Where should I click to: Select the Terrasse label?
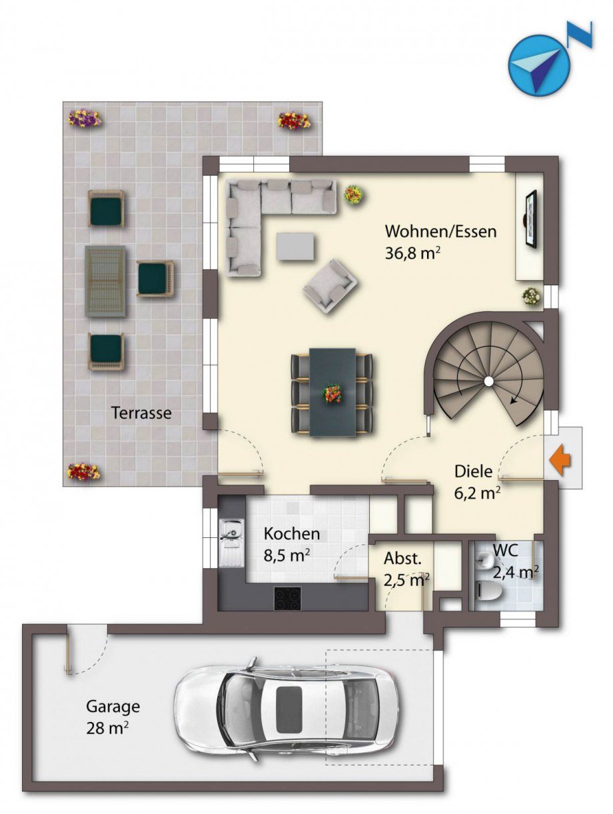pyautogui.click(x=141, y=413)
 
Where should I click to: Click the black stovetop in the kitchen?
pyautogui.click(x=287, y=598)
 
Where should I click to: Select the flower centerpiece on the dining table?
pyautogui.click(x=332, y=393)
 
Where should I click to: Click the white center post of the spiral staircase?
pyautogui.click(x=488, y=381)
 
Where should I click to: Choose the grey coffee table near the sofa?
pyautogui.click(x=295, y=246)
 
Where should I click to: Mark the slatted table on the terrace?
pyautogui.click(x=105, y=281)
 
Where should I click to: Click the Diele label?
pyautogui.click(x=473, y=472)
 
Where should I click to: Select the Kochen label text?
pyautogui.click(x=292, y=534)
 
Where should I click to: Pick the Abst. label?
pyautogui.click(x=402, y=559)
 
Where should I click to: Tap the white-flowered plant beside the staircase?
pyautogui.click(x=532, y=297)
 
